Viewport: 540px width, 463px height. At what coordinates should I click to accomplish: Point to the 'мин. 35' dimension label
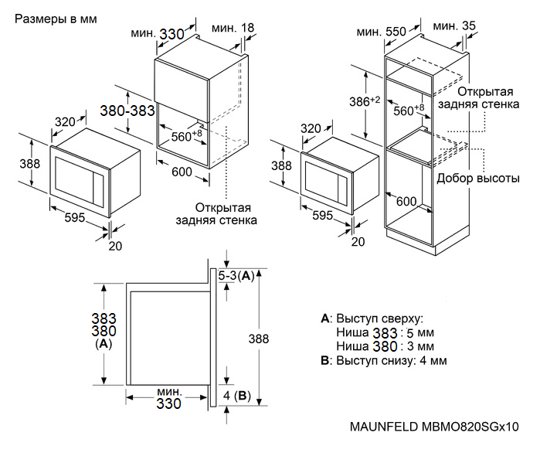tap(455, 26)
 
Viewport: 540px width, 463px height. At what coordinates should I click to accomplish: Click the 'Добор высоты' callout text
tap(477, 178)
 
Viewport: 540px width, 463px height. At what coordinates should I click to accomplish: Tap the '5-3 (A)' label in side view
tap(236, 275)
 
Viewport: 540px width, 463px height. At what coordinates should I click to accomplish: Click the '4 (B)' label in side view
tap(236, 396)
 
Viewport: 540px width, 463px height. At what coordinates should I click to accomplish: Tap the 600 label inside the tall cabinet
tap(406, 201)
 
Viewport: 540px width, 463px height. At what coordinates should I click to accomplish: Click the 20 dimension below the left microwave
tap(116, 246)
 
